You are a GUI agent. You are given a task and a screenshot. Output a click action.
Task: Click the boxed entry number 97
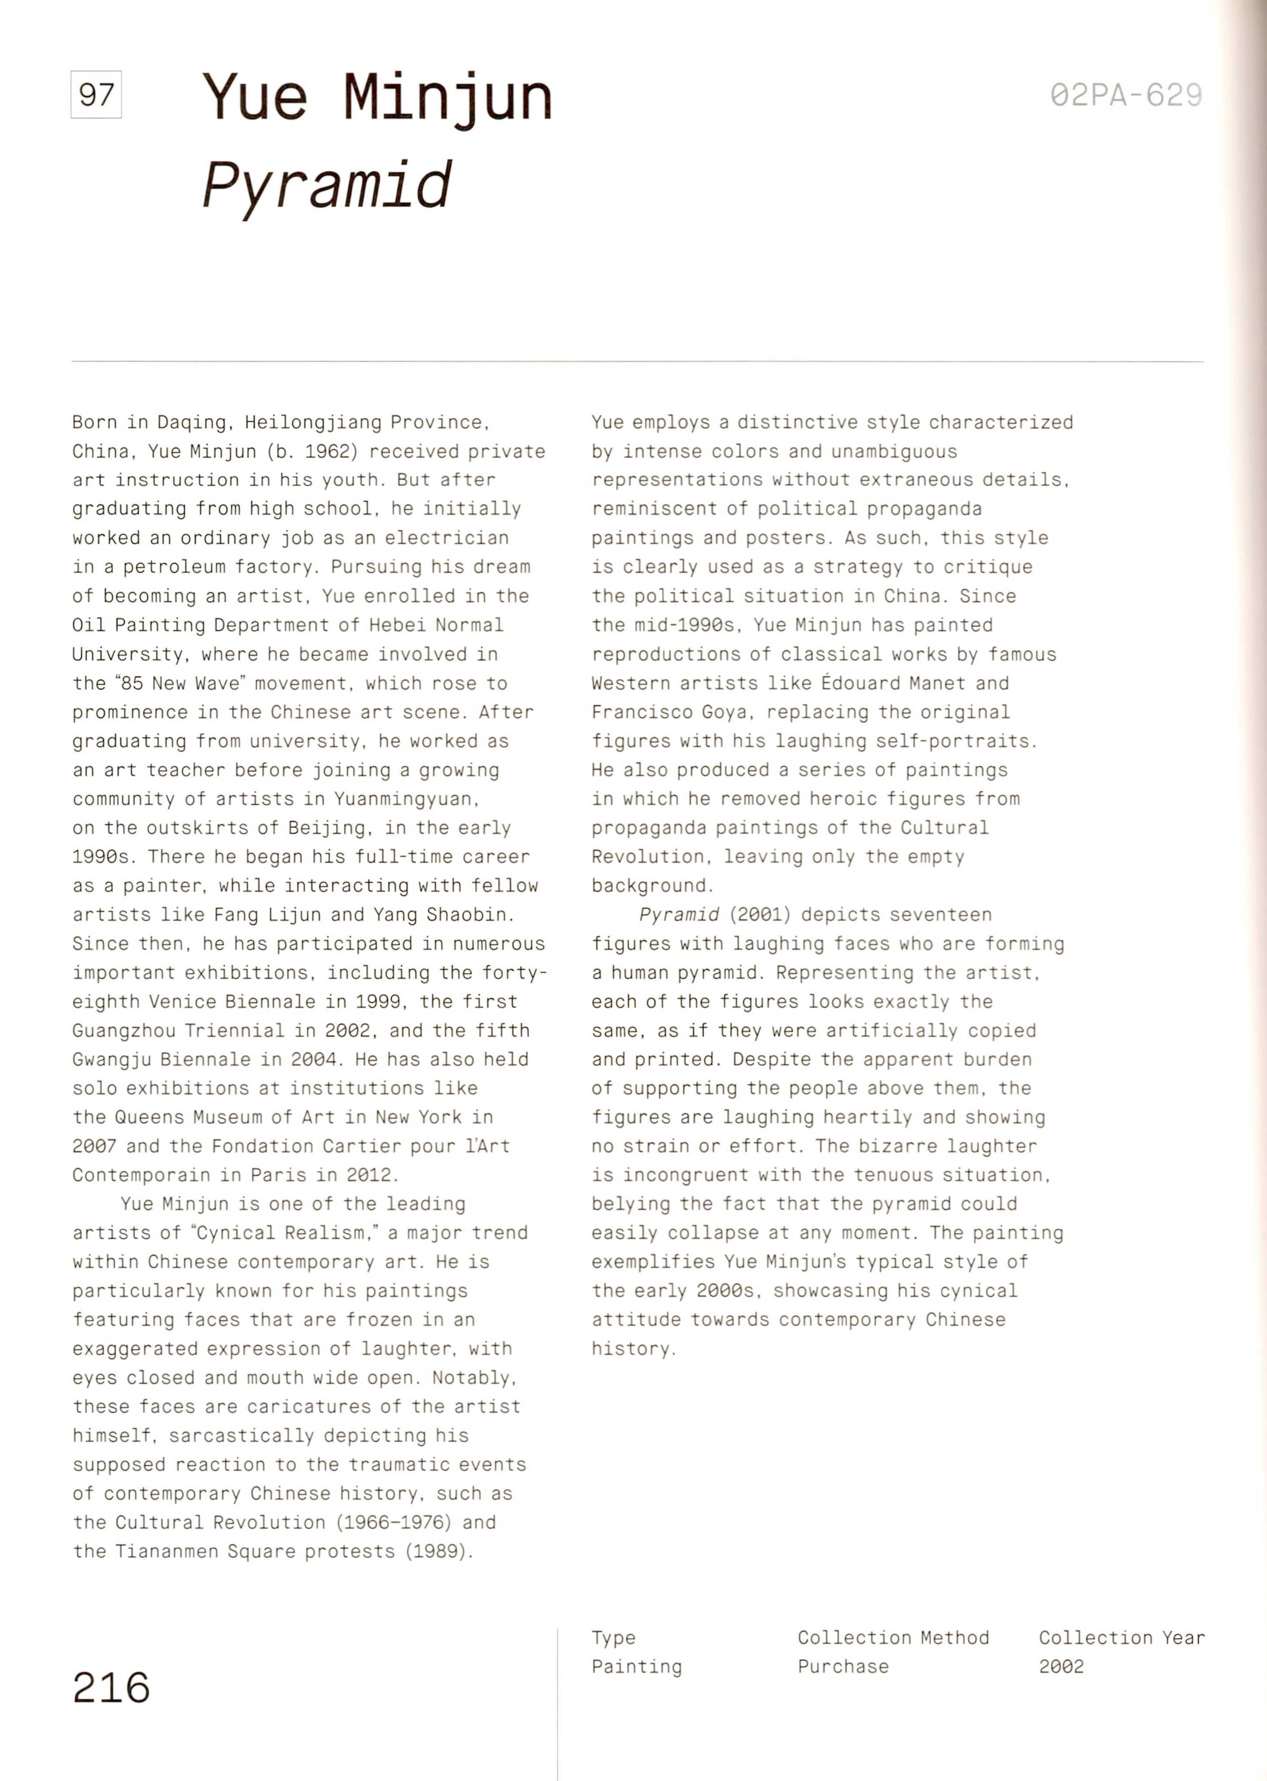coord(96,95)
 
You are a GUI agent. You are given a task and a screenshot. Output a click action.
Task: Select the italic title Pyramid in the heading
coord(326,186)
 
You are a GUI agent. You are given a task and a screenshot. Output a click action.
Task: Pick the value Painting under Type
coord(636,1666)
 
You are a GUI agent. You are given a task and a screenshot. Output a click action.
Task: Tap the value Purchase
coord(843,1666)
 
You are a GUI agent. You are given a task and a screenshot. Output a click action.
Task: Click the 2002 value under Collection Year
coord(1061,1666)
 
